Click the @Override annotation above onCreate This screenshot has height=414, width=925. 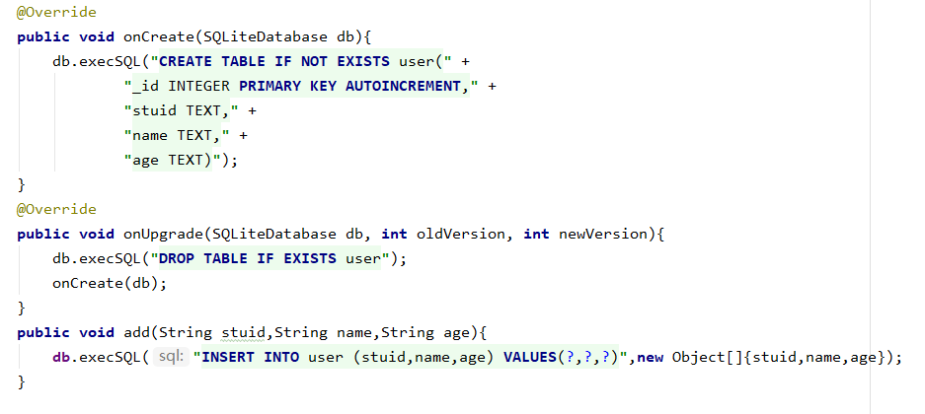point(56,12)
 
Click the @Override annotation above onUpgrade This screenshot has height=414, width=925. point(56,209)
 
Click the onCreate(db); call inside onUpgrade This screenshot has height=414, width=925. point(110,283)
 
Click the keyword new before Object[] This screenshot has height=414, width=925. point(651,357)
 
